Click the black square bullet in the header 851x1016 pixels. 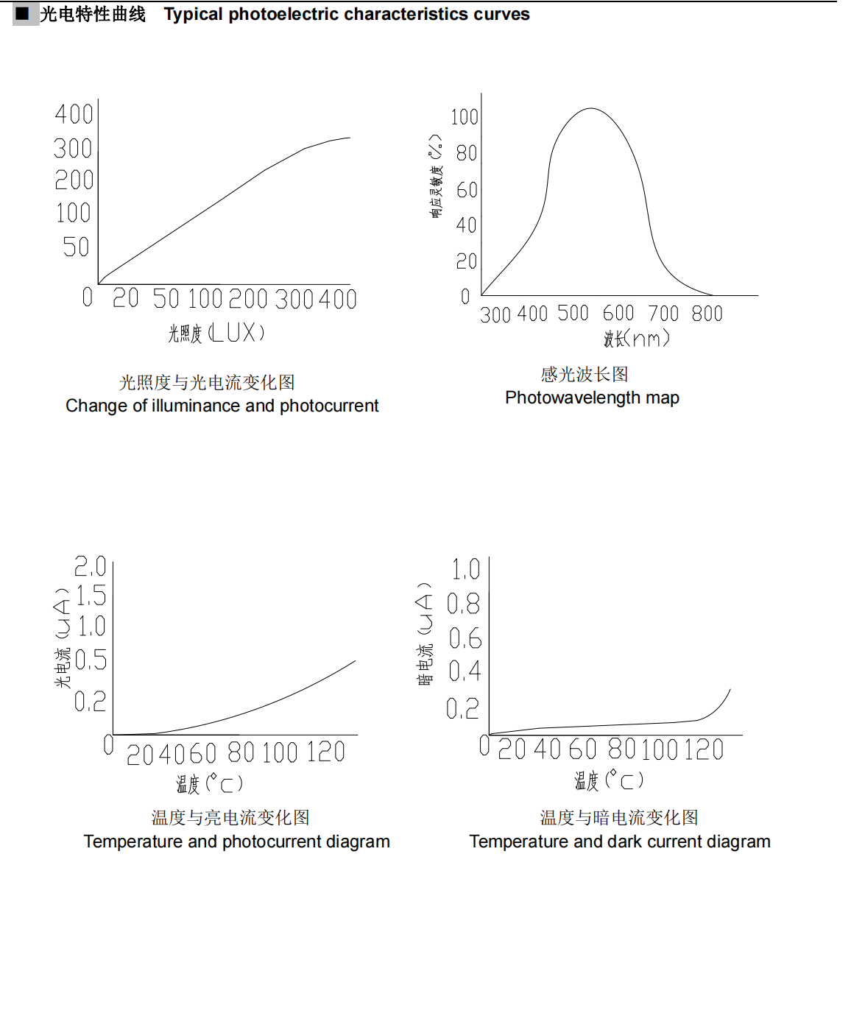pos(22,13)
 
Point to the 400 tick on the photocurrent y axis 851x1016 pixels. pos(74,114)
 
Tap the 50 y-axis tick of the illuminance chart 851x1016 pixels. pos(76,247)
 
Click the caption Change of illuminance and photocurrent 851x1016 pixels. pos(222,406)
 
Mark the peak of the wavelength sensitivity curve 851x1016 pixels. pos(590,109)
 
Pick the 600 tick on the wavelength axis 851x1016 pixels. pos(618,314)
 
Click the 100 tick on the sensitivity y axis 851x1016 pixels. pos(465,117)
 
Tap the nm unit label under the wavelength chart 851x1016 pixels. pos(647,339)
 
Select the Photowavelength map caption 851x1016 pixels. pos(592,398)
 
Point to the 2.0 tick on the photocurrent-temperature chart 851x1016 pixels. pos(91,566)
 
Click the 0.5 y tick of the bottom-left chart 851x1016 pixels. pos(91,660)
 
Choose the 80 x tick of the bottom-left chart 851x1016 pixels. pos(241,752)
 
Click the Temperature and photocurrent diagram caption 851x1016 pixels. pos(236,842)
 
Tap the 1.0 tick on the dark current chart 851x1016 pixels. pos(465,569)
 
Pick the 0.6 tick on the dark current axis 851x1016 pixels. pos(465,638)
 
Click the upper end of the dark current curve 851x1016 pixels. pos(730,690)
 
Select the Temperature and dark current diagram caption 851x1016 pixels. pos(620,842)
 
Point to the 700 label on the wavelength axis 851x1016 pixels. pos(663,314)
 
